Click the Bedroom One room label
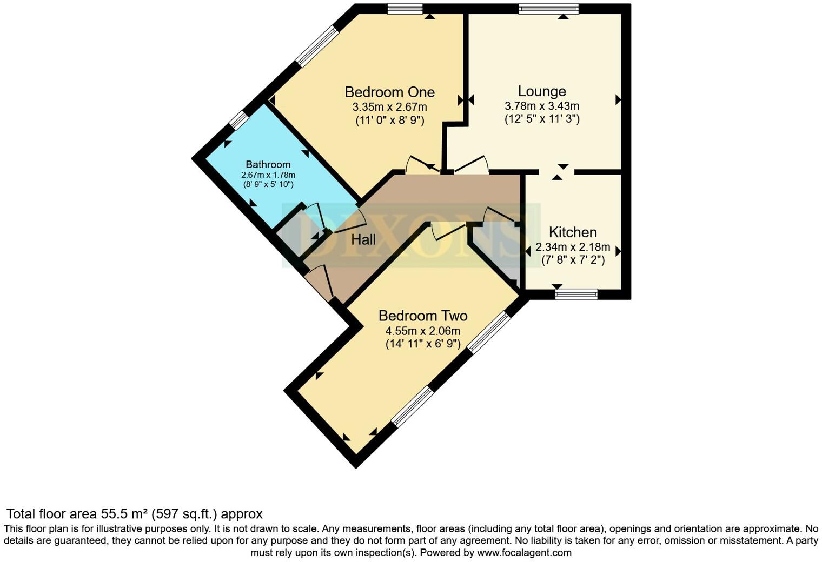click(389, 92)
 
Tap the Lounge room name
click(542, 91)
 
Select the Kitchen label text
click(573, 232)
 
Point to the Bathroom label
click(268, 164)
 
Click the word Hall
click(363, 240)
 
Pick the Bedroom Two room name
click(422, 316)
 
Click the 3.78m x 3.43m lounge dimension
click(542, 106)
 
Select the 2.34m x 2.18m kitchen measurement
click(573, 247)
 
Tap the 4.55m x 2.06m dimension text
click(422, 331)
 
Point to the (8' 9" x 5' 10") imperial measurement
click(268, 184)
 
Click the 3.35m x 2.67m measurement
click(389, 106)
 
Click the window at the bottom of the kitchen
click(576, 294)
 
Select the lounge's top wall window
click(548, 8)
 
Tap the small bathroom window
click(237, 120)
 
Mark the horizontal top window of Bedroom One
click(405, 8)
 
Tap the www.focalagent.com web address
click(523, 553)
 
